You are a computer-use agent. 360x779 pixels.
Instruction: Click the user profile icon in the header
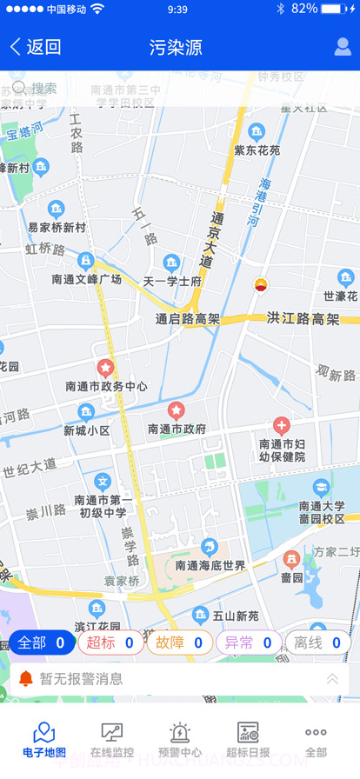[343, 47]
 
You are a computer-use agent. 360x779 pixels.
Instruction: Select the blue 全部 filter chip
[42, 643]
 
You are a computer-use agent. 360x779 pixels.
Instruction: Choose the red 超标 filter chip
[110, 643]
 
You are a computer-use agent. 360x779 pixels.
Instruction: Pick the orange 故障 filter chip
[179, 643]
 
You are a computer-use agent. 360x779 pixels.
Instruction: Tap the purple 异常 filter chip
[249, 643]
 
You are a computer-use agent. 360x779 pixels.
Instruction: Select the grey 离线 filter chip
[317, 643]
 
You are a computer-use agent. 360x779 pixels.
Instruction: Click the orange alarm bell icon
[25, 678]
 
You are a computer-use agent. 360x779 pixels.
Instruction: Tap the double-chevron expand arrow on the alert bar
[332, 679]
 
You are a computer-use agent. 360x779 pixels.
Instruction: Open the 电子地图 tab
[43, 740]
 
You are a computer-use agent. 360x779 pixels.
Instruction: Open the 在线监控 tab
[112, 740]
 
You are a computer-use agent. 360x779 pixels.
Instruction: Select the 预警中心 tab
[180, 740]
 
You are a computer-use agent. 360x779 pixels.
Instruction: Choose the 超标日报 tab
[248, 740]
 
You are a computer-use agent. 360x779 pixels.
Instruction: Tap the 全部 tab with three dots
[316, 740]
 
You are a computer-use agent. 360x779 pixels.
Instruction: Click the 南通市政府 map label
[177, 429]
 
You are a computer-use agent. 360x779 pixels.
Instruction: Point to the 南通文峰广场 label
[86, 279]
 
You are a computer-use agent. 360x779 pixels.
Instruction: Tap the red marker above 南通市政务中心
[106, 368]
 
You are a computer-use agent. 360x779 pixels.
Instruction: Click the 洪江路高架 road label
[303, 318]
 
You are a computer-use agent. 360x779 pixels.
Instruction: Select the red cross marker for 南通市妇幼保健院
[282, 426]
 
